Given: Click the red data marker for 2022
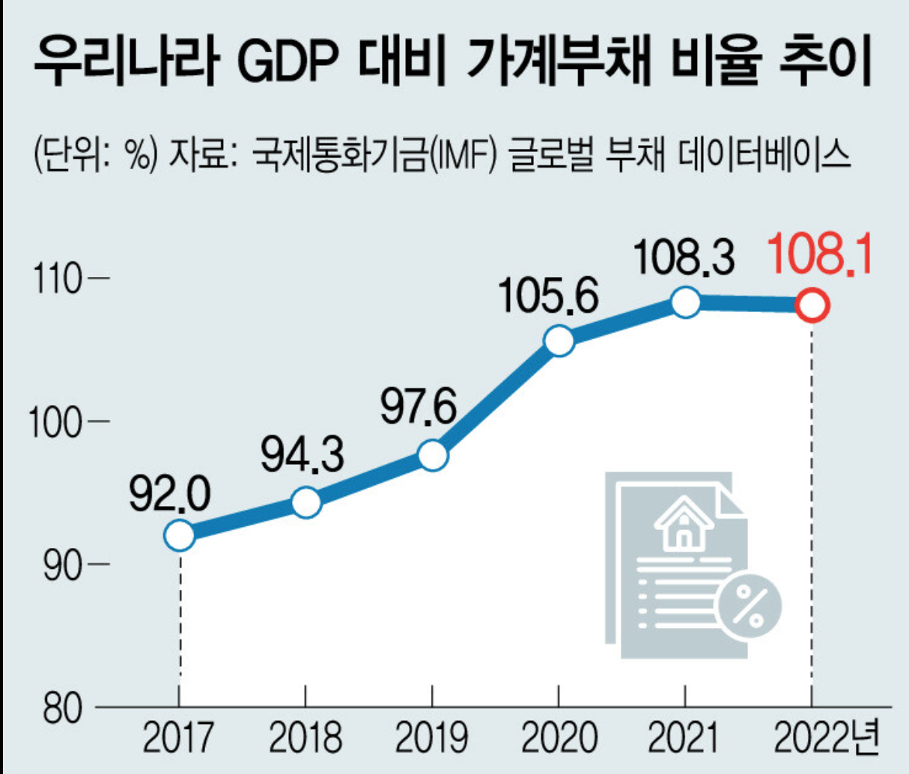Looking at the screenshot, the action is (812, 305).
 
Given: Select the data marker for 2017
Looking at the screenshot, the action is (180, 534).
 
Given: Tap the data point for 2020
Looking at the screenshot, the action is (559, 341).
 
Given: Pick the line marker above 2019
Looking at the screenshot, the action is (434, 456).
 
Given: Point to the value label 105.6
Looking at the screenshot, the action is (549, 296).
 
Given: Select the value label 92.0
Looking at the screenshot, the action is (170, 496).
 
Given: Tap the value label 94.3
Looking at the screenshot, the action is (302, 455).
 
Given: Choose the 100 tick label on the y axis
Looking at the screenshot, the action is (55, 421).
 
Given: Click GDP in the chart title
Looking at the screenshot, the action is (288, 61).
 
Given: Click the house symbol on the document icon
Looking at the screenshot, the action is (684, 523).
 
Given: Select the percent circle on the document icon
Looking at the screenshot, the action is (750, 606).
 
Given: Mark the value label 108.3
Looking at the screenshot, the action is (684, 258).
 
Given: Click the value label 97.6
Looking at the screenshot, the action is (419, 407).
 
